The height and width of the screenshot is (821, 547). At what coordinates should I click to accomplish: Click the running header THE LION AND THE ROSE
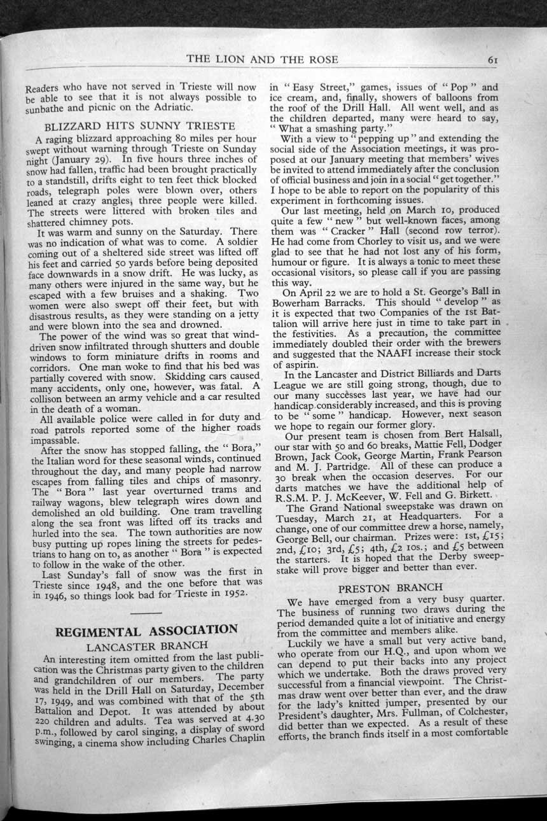pyautogui.click(x=262, y=59)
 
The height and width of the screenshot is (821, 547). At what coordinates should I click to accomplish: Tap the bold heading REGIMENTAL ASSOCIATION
pyautogui.click(x=147, y=631)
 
